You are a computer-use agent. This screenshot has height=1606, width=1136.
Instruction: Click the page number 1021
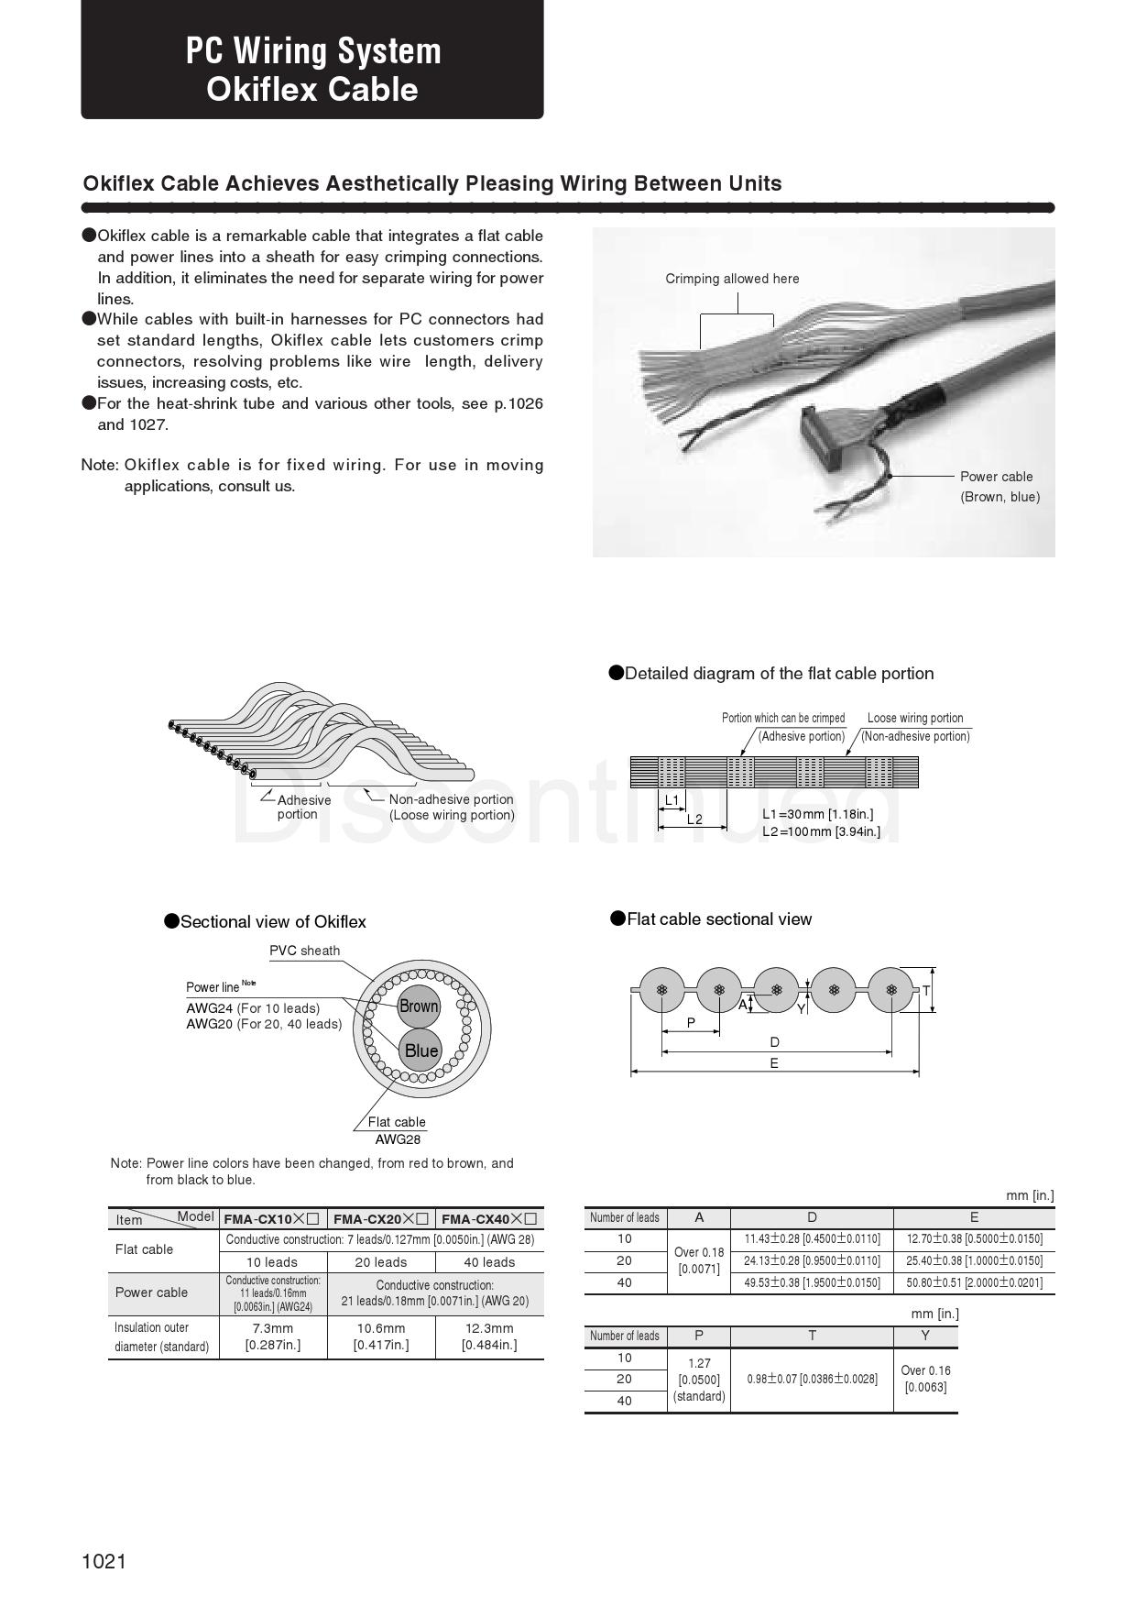click(104, 1561)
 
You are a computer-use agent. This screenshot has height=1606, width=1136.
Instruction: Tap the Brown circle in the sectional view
click(419, 1006)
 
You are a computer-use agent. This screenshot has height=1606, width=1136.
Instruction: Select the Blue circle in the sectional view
click(421, 1050)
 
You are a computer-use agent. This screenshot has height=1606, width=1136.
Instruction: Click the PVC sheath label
click(304, 951)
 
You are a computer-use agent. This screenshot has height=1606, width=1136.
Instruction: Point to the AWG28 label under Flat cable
click(398, 1139)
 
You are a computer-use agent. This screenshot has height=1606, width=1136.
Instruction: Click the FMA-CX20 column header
click(381, 1218)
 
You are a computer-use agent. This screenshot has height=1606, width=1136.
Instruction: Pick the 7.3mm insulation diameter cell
click(273, 1336)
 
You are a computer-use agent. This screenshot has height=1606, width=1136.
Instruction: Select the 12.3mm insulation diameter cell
click(489, 1336)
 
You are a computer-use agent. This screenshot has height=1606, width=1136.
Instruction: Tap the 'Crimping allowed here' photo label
click(732, 279)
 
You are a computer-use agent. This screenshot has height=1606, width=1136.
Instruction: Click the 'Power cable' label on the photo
click(996, 477)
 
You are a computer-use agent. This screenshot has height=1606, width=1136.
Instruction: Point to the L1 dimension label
click(672, 800)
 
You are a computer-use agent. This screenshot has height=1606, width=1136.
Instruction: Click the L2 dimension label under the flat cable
click(694, 819)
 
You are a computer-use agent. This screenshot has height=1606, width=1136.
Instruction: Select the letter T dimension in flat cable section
click(926, 991)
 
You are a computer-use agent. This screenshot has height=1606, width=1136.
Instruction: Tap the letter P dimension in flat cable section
click(691, 1022)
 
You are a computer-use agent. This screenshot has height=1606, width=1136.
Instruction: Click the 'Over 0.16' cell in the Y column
click(925, 1379)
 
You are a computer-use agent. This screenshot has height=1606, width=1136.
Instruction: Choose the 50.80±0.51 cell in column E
click(975, 1282)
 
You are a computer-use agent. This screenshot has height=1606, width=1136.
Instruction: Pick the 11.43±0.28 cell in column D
click(812, 1238)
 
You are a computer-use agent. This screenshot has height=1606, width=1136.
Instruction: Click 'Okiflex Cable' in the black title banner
click(312, 89)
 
